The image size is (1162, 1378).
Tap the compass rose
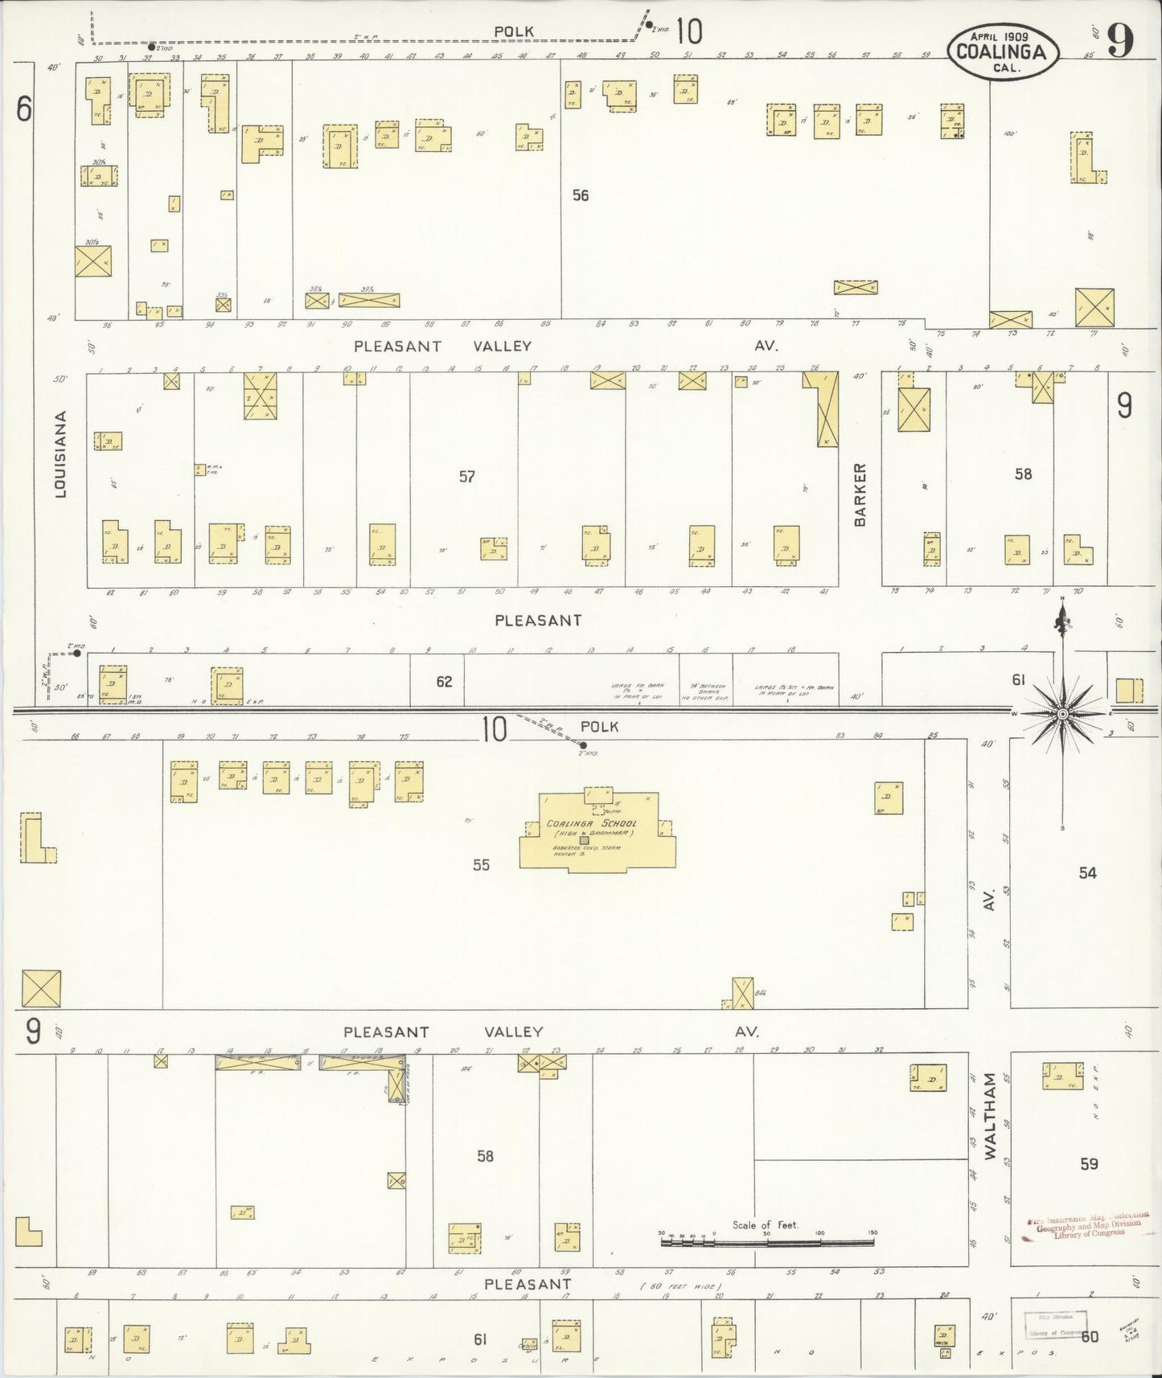tap(1062, 713)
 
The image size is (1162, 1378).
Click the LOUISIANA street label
tap(60, 454)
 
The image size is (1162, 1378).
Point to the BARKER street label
tap(860, 494)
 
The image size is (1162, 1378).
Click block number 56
tap(580, 195)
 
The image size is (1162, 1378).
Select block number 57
tap(466, 477)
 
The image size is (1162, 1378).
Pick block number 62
tap(444, 682)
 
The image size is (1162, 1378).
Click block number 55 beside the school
tap(480, 865)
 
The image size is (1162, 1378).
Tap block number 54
tap(1087, 872)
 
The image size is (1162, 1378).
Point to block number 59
tap(1089, 1164)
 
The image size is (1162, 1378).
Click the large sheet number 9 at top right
tap(1119, 40)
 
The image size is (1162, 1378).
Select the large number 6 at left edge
tap(24, 109)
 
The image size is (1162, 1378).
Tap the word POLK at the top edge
tap(514, 31)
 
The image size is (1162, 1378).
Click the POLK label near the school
tap(599, 727)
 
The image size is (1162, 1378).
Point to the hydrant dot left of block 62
tap(76, 653)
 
